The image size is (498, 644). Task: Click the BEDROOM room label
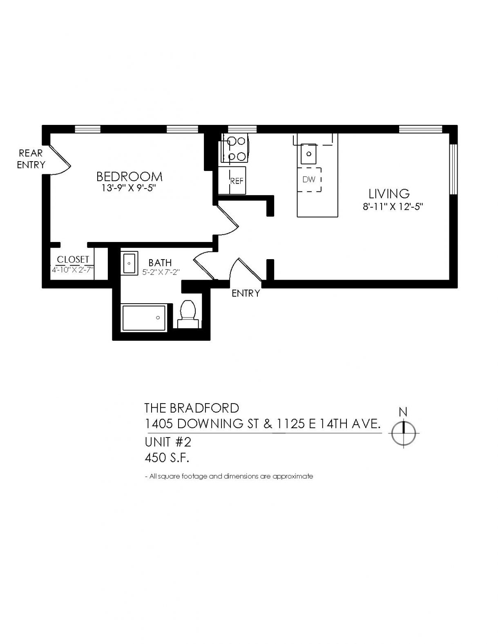click(130, 177)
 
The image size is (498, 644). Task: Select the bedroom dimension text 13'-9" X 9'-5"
click(129, 189)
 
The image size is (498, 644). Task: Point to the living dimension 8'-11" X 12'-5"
click(393, 206)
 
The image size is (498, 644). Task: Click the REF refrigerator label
click(237, 181)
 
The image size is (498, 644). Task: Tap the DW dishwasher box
click(310, 180)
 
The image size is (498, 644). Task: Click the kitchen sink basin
click(309, 154)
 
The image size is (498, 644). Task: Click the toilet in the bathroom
click(188, 314)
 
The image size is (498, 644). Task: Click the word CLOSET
click(73, 259)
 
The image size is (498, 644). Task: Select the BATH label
click(160, 262)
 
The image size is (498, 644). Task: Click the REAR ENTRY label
click(31, 159)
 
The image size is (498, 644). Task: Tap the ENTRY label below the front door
click(246, 293)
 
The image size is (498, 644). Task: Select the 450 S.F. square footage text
click(167, 458)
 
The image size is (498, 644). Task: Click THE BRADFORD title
click(192, 408)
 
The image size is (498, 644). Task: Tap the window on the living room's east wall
click(453, 169)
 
